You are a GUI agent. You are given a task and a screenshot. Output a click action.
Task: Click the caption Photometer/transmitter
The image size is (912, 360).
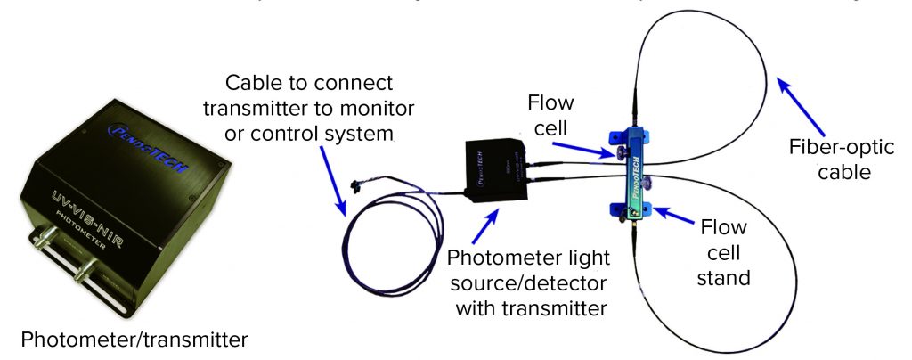[134, 340]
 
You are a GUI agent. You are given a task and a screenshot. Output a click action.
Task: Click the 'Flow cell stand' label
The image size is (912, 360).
[723, 252]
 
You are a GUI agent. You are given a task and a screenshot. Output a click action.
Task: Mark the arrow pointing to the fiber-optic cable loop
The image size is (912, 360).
[798, 100]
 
